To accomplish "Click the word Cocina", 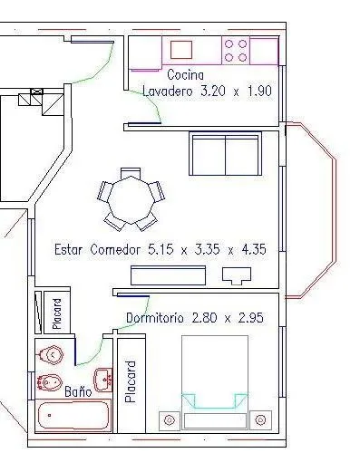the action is tap(186, 75).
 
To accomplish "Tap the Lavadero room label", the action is tap(167, 91).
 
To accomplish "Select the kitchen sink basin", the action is tap(181, 50).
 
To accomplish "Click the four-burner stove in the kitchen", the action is tap(236, 51).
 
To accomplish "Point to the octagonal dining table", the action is tap(131, 199).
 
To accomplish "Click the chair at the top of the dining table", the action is tap(131, 173).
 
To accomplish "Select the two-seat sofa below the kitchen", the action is tap(225, 153).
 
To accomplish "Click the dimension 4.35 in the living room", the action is tap(254, 249).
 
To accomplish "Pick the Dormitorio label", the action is tap(155, 318).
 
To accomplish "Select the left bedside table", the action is tap(170, 419).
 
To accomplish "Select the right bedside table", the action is tap(260, 419).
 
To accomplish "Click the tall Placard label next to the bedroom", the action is tap(131, 381).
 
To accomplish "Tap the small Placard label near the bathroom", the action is tap(57, 313).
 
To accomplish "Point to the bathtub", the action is tap(73, 415).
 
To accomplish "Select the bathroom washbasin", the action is tap(103, 380).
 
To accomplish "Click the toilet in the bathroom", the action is tap(50, 355).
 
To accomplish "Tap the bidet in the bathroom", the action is tap(50, 382).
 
